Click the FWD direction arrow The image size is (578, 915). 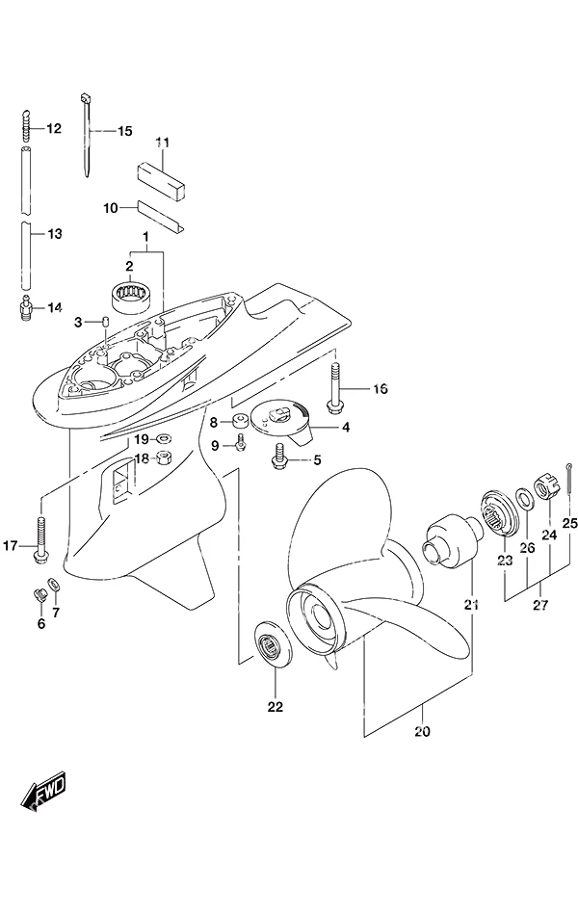tap(43, 791)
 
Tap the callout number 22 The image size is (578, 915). tap(275, 707)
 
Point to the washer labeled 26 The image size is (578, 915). tap(524, 497)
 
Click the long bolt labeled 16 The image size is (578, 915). tap(334, 389)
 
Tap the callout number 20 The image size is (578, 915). tap(422, 731)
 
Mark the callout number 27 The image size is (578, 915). tap(540, 605)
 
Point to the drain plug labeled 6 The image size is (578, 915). tap(40, 596)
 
